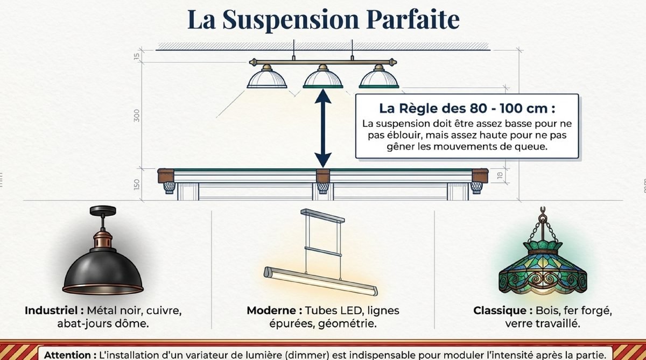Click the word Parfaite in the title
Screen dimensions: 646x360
pyautogui.click(x=413, y=19)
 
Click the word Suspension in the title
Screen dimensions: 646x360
pyautogui.click(x=291, y=20)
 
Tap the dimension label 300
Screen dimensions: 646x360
pyautogui.click(x=136, y=115)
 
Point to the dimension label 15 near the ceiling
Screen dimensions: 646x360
pyautogui.click(x=137, y=56)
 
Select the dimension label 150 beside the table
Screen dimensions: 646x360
pyautogui.click(x=137, y=185)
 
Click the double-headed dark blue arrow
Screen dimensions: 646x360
pyautogui.click(x=322, y=128)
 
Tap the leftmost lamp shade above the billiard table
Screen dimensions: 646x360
pyautogui.click(x=267, y=79)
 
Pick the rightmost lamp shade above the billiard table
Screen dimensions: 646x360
pyautogui.click(x=379, y=79)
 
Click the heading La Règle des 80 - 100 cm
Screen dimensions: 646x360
pyautogui.click(x=467, y=109)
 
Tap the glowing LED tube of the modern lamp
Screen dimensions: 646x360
pyautogui.click(x=321, y=281)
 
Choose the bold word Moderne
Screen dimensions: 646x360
pyautogui.click(x=275, y=310)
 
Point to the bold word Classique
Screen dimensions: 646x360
pyautogui.click(x=503, y=310)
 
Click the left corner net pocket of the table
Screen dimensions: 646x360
pyautogui.click(x=169, y=188)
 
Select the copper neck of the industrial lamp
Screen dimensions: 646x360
pyautogui.click(x=103, y=240)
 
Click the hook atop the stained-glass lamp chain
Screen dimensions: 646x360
pyautogui.click(x=543, y=211)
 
